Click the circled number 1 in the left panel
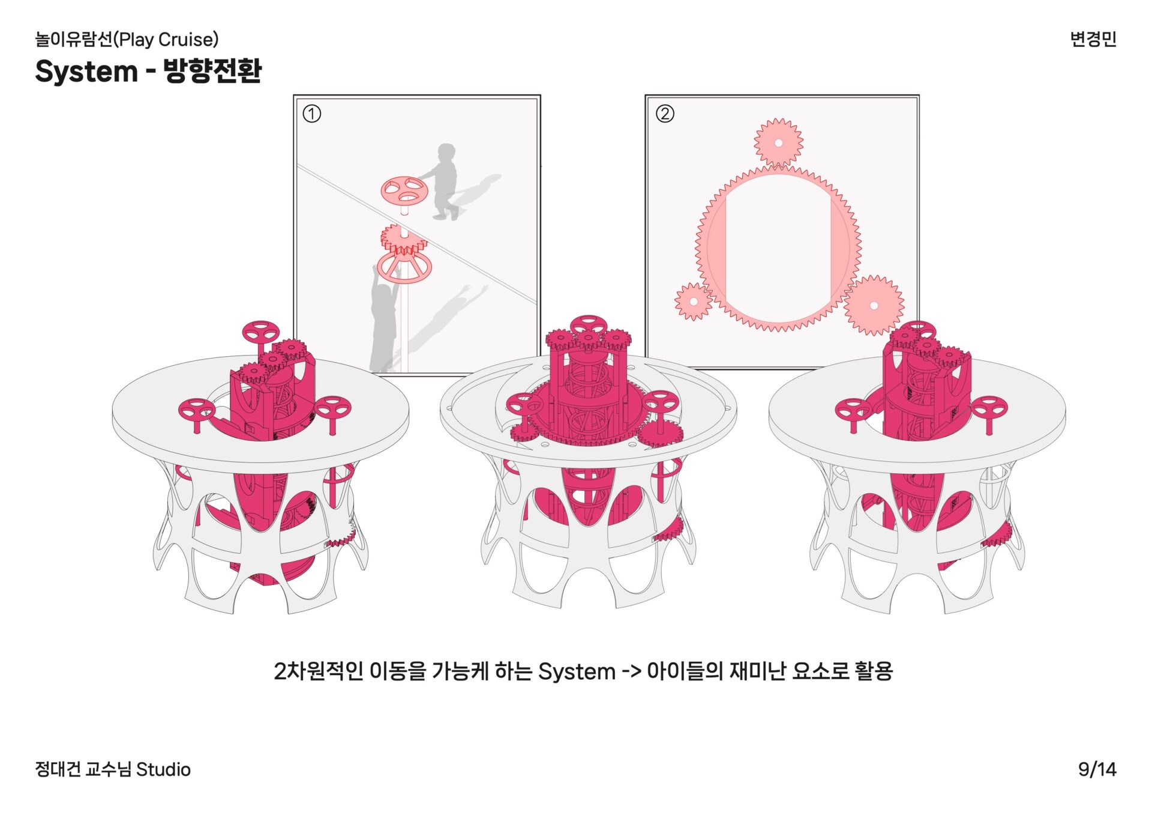(x=311, y=114)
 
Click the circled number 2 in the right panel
(x=664, y=114)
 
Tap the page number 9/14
(x=1097, y=769)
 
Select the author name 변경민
(x=1093, y=39)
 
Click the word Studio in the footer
(x=163, y=769)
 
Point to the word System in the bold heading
(x=86, y=71)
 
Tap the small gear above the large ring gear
(x=778, y=142)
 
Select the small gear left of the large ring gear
(x=693, y=301)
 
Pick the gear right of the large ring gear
(x=874, y=305)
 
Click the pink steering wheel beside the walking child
(x=404, y=192)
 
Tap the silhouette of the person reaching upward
(x=385, y=318)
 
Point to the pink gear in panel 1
(x=403, y=241)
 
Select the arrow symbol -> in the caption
(x=631, y=671)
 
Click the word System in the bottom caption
(x=577, y=671)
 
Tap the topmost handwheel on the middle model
(x=588, y=325)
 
